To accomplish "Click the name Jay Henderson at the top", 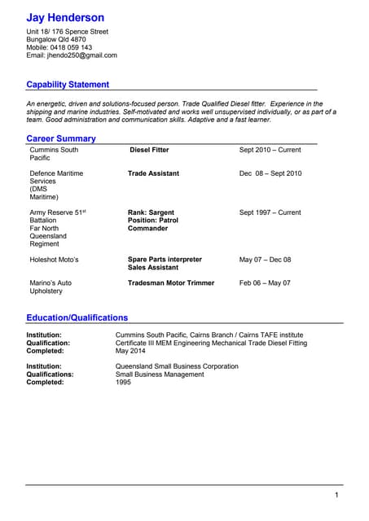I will point(65,17).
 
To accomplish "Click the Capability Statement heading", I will point(68,85).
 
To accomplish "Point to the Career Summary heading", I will point(61,138).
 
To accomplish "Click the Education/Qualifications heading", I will point(77,317).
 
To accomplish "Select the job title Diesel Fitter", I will point(149,150).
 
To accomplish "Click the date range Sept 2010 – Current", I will point(270,150).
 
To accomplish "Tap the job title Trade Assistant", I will point(153,173).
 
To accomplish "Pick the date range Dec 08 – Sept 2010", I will point(270,173).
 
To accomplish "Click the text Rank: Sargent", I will point(151,212).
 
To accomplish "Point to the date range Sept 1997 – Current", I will point(270,212).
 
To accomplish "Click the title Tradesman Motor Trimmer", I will point(171,283).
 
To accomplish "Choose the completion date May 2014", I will point(131,351).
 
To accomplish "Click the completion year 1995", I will point(124,382).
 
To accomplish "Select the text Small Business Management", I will point(160,374).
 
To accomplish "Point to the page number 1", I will point(336,495).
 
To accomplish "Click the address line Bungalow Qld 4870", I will point(56,39).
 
